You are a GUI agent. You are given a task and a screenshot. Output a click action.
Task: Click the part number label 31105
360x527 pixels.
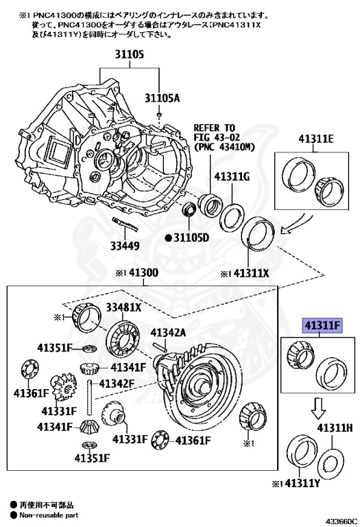coord(130,54)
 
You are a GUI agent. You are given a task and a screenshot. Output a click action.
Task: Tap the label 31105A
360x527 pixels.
coord(163,98)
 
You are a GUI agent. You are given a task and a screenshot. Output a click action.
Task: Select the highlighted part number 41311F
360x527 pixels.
coord(323,325)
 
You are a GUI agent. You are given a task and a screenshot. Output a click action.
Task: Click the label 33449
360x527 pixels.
coord(125,246)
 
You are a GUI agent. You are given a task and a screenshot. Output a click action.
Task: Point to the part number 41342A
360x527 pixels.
coord(168,332)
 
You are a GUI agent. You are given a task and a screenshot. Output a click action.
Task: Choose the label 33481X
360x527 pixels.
coord(123,307)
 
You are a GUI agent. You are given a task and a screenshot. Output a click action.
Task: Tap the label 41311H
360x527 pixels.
coord(335,428)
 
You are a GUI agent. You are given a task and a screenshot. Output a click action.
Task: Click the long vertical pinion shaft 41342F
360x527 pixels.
coord(91,397)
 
